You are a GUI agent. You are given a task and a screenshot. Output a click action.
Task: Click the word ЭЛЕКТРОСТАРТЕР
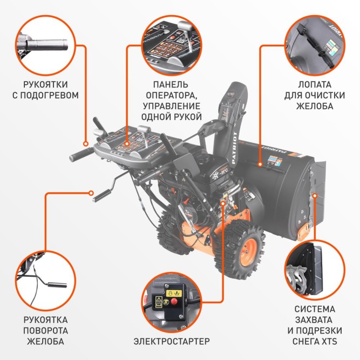171,341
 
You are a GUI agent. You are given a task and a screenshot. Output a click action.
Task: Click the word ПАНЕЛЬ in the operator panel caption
171,85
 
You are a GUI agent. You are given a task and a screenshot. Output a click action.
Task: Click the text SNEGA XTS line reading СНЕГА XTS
315,341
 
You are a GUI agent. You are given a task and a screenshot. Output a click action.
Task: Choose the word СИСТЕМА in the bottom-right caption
315,309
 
